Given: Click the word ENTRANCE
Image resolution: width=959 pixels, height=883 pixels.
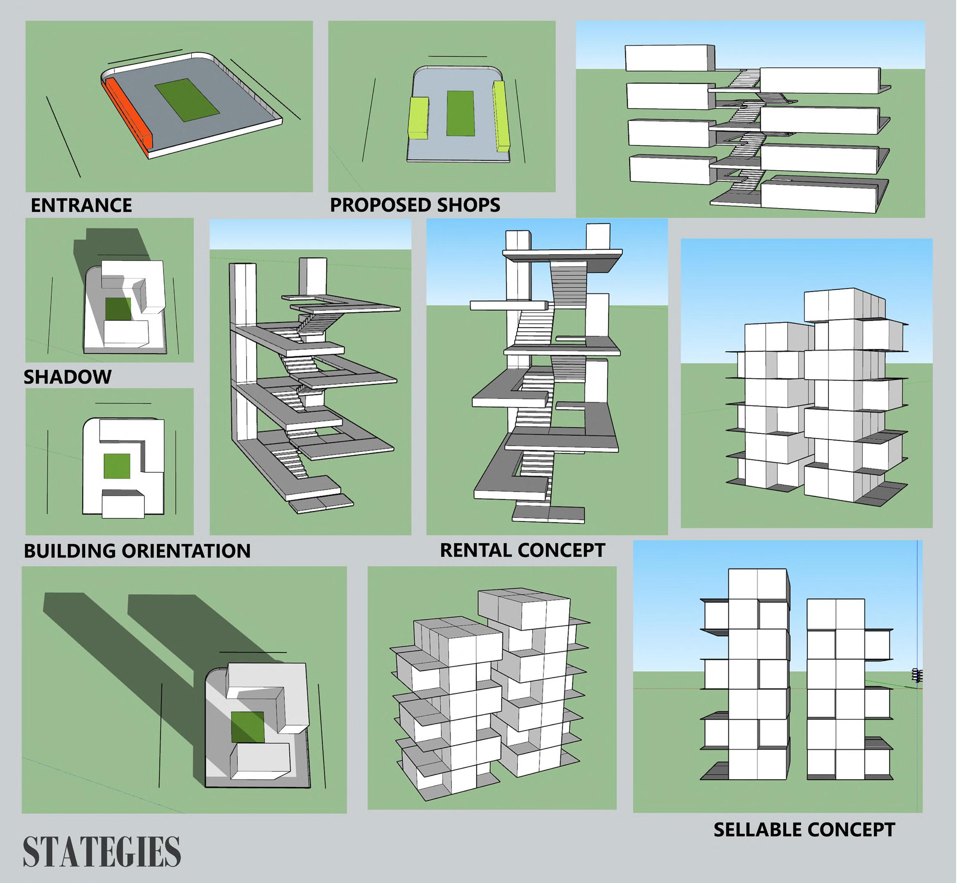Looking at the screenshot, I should [81, 206].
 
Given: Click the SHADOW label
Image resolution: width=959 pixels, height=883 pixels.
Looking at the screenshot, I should [68, 377].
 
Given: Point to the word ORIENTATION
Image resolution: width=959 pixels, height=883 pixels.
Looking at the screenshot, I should [186, 551].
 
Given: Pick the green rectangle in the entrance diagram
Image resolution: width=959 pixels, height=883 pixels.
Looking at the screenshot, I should [187, 100].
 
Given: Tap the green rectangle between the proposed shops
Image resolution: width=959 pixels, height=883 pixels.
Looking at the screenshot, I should [460, 114].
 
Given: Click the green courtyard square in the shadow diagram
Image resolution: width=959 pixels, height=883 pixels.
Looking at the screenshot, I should [118, 309].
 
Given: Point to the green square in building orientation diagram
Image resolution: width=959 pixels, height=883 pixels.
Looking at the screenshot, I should [117, 466].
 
